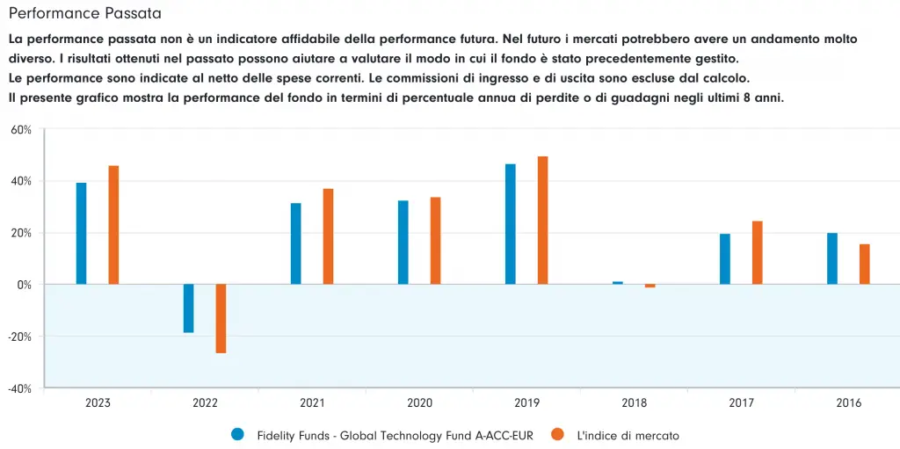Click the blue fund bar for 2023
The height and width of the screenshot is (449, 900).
[82, 233]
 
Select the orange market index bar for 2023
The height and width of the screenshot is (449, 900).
[113, 225]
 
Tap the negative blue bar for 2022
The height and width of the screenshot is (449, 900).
[189, 308]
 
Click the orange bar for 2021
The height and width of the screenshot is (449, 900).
[328, 236]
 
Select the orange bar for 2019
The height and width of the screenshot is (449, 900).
[542, 221]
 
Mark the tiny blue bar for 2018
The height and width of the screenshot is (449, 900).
[618, 283]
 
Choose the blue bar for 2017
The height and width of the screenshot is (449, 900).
[725, 259]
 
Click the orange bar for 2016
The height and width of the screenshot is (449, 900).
[864, 264]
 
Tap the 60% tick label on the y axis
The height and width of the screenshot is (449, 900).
[21, 130]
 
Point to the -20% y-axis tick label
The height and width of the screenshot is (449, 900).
[19, 337]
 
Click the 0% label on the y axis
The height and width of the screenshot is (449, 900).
[24, 285]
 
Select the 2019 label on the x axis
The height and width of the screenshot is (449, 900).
[526, 403]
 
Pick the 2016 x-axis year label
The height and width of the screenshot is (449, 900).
[848, 403]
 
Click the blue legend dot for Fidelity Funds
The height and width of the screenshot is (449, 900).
[237, 434]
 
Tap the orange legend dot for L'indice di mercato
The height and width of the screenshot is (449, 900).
[557, 434]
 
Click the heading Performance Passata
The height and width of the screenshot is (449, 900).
[84, 15]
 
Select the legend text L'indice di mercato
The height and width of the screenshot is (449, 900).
[628, 435]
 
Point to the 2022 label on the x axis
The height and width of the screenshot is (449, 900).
[205, 403]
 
